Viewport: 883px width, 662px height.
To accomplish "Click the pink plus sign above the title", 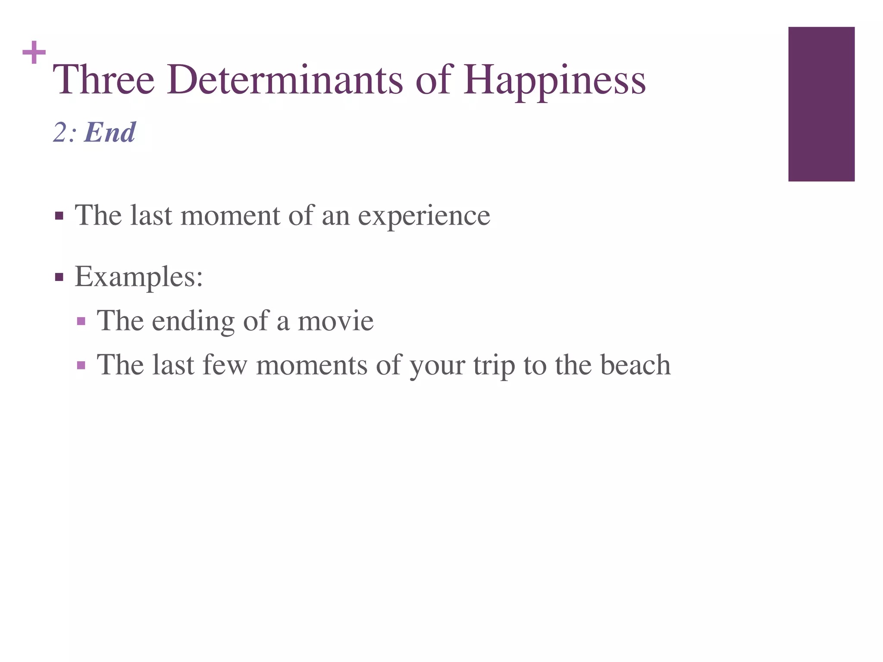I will (x=34, y=53).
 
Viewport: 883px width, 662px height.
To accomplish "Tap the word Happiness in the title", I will (x=554, y=81).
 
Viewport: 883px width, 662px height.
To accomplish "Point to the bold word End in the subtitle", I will (x=110, y=132).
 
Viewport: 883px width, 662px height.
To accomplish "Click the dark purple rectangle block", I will (x=821, y=104).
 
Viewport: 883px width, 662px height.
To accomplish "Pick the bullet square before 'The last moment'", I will (x=59, y=215).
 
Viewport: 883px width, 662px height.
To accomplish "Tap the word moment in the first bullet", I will (x=230, y=215).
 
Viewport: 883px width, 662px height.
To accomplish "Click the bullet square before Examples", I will (x=59, y=277).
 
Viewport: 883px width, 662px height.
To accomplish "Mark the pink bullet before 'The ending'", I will (x=81, y=321).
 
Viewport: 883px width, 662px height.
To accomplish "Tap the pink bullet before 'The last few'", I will (x=81, y=365).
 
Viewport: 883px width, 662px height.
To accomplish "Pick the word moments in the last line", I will (x=311, y=365).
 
